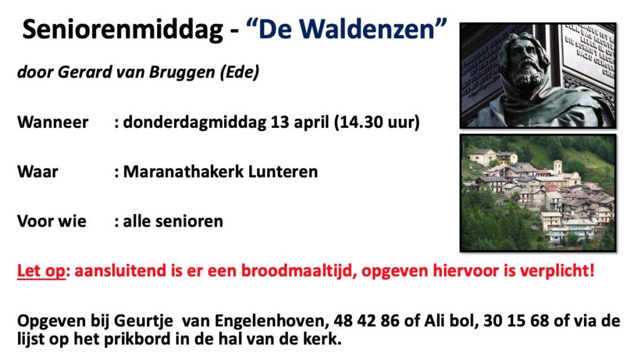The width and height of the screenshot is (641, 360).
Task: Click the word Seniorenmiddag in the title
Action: pyautogui.click(x=123, y=30)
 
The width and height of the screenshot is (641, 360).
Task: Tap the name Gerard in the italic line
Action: pyautogui.click(x=85, y=72)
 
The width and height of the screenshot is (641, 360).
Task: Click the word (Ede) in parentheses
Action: pyautogui.click(x=240, y=73)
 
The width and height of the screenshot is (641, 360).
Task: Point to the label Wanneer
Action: pyautogui.click(x=53, y=122)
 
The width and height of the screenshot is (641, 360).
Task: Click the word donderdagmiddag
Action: pyautogui.click(x=195, y=123)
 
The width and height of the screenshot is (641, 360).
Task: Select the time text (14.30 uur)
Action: pyautogui.click(x=377, y=122)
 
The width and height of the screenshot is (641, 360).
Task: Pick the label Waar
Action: pyautogui.click(x=38, y=172)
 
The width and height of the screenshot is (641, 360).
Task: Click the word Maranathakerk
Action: pyautogui.click(x=183, y=172)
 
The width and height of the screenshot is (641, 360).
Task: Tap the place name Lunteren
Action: pyautogui.click(x=283, y=172)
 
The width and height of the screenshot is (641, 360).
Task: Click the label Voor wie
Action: pyautogui.click(x=52, y=221)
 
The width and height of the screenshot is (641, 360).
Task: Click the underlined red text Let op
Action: pyautogui.click(x=41, y=271)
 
